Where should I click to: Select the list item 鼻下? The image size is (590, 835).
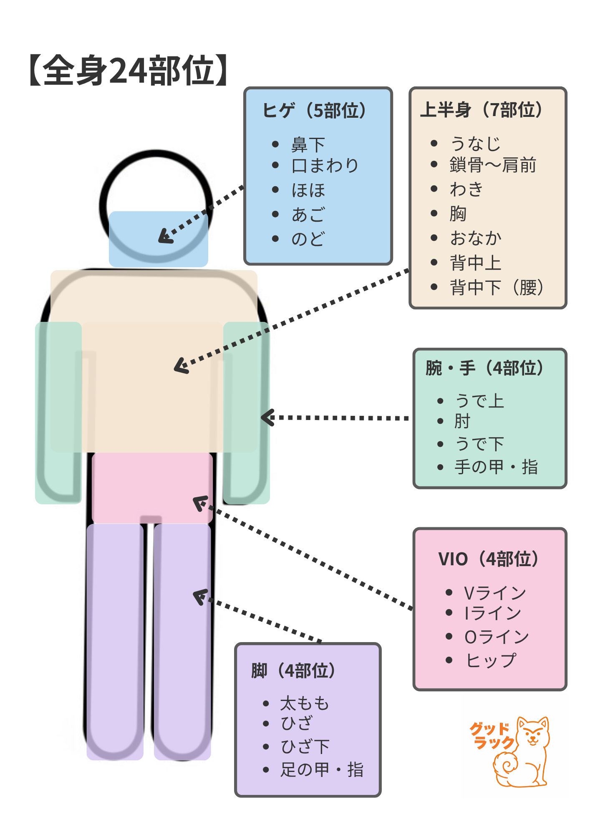pos(308,145)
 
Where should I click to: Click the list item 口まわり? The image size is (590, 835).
pos(325,166)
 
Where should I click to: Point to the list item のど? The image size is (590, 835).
pos(308,239)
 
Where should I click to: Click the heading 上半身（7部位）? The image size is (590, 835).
pos(482,110)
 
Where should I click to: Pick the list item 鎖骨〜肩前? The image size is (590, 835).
pos(493,165)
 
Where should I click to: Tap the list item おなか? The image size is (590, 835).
pos(476,238)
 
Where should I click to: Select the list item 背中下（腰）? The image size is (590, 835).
pos(497,287)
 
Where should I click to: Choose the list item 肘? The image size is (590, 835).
pos(462,421)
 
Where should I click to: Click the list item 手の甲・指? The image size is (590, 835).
pos(496,467)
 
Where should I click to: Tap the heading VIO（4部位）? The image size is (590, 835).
pos(489,559)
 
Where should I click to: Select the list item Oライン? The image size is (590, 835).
pos(497,637)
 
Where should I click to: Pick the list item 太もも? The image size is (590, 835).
pos(305,703)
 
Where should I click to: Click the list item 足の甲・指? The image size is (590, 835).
pos(322,769)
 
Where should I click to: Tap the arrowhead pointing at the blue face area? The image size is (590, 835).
pos(165,237)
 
